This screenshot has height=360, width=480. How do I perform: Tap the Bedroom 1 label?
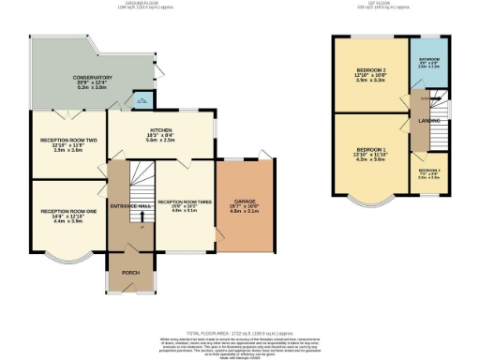tap(369, 153)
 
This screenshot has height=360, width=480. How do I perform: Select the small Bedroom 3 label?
tap(427, 172)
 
